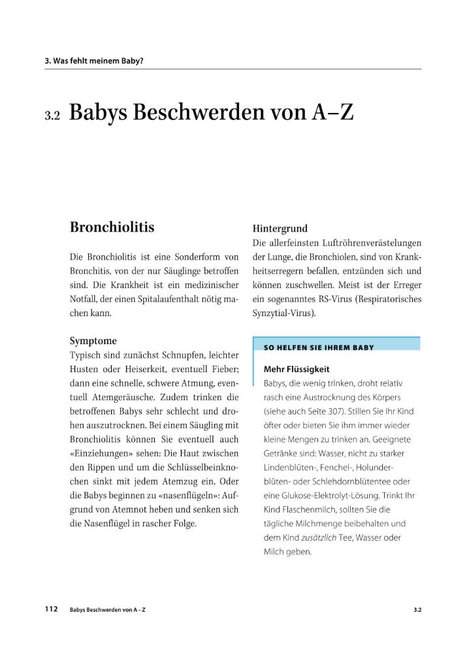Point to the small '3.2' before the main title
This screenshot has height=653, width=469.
click(x=52, y=116)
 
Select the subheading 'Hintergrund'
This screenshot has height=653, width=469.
click(x=280, y=229)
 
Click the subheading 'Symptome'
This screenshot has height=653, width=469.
click(x=93, y=340)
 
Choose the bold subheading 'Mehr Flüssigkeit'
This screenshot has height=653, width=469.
click(x=296, y=369)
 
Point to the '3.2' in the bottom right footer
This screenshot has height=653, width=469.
click(x=417, y=609)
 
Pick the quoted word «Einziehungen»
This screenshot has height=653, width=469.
click(x=97, y=453)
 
